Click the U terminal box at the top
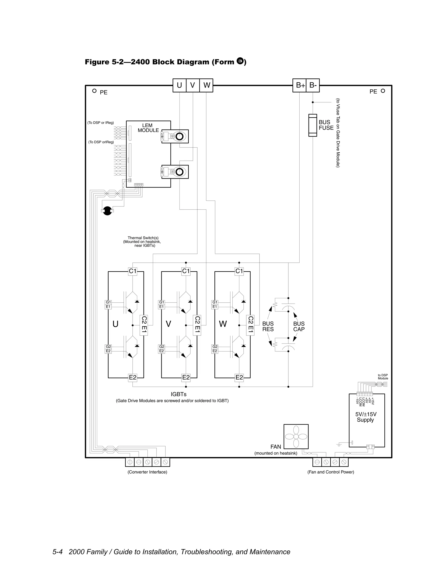(x=179, y=85)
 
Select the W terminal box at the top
(x=206, y=85)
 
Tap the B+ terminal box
(x=300, y=85)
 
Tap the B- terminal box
(x=313, y=85)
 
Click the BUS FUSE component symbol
(x=312, y=125)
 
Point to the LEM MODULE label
(x=148, y=128)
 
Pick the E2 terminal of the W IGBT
(x=239, y=378)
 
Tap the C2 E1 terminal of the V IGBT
(x=197, y=325)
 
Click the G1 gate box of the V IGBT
(x=162, y=302)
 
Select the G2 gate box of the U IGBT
(x=108, y=347)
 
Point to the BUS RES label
(x=268, y=326)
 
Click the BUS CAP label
(x=299, y=326)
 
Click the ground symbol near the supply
(x=339, y=445)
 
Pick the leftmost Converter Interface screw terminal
(x=130, y=462)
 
